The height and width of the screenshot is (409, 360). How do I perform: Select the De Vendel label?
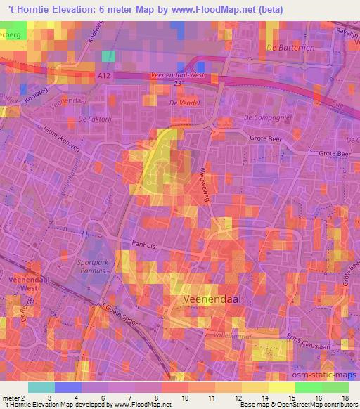click(x=185, y=103)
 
